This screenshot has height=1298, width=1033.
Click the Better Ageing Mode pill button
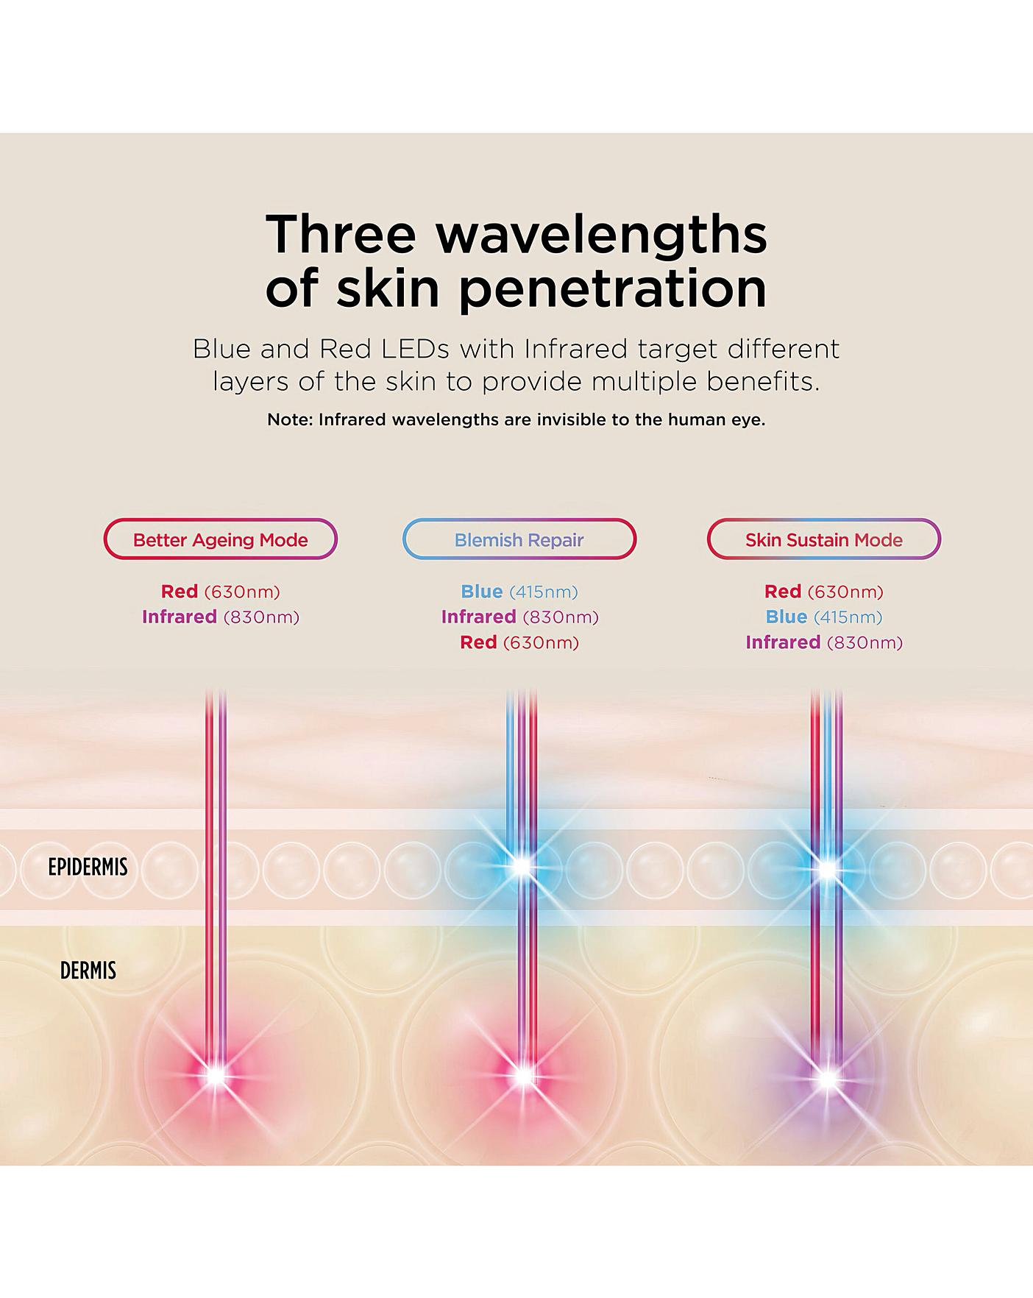click(220, 539)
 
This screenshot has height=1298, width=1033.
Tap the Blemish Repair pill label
click(519, 539)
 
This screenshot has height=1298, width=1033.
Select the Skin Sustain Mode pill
click(823, 539)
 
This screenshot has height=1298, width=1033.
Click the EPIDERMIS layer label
click(88, 867)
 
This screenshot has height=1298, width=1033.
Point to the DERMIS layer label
click(88, 971)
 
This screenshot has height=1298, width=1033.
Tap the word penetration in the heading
click(613, 289)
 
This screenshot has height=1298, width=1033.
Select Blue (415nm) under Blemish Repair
click(519, 592)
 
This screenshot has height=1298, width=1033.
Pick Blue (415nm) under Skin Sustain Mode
click(823, 617)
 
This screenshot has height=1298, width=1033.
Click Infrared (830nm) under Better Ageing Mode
click(221, 617)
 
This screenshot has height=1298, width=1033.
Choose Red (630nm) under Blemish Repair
click(519, 642)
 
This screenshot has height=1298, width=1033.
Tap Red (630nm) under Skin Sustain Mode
click(823, 592)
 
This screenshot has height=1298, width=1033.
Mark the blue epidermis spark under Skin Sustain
click(827, 869)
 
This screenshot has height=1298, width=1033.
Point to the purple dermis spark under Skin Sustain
click(827, 1079)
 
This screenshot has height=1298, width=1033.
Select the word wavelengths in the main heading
click(602, 235)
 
